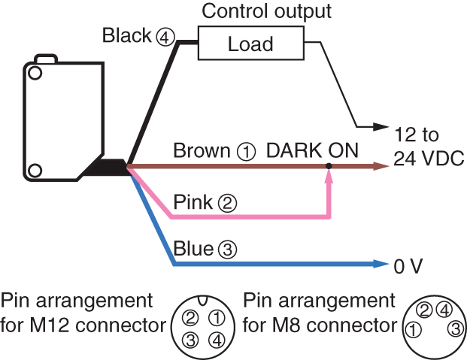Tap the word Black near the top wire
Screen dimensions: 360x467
(x=127, y=35)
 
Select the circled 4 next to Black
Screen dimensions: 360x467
(x=164, y=36)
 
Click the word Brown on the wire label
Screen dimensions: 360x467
(x=202, y=150)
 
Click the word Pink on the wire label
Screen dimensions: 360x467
(x=193, y=202)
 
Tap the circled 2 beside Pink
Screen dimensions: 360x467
(x=227, y=202)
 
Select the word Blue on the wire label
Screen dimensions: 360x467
(x=193, y=248)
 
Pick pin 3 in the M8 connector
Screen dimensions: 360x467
(x=455, y=328)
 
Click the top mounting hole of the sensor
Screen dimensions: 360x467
(x=35, y=74)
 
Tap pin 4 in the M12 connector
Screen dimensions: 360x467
(x=215, y=340)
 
